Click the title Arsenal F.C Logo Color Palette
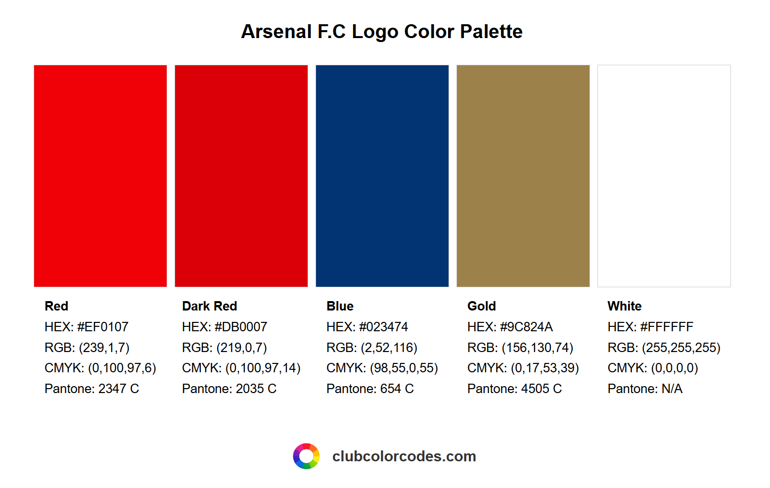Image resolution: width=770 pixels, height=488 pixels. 381,32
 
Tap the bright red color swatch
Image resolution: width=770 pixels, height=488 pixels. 100,176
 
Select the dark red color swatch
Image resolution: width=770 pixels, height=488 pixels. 241,176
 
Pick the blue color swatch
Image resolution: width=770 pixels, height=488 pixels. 382,176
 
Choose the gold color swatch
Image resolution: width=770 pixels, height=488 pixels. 523,176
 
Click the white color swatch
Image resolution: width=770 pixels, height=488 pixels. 664,176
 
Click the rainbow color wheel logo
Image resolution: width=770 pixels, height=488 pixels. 306,456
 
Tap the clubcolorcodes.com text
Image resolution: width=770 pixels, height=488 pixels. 404,456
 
